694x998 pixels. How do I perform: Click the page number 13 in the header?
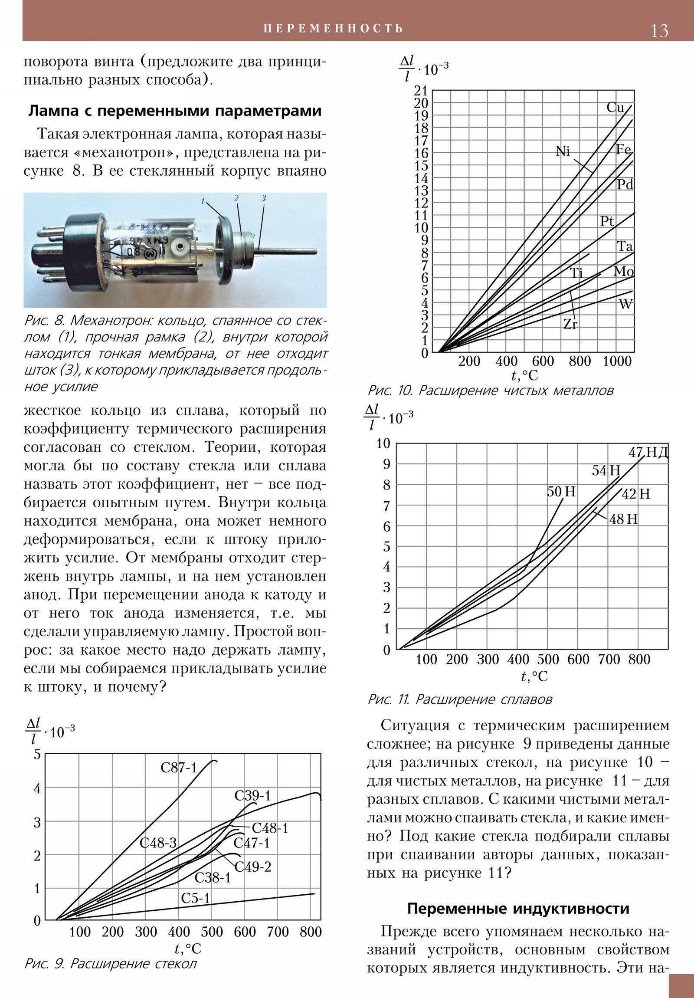pos(659,31)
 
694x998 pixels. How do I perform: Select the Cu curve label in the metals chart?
pos(615,107)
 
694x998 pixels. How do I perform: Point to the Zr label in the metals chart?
pos(570,324)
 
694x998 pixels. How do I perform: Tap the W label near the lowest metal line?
pos(625,304)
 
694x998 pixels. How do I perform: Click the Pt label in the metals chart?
pos(607,221)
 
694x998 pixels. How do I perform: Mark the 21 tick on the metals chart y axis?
pos(421,90)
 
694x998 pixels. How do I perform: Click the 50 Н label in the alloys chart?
pos(561,492)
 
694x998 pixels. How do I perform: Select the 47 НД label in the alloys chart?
pos(648,453)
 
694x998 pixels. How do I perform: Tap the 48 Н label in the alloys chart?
pos(623,519)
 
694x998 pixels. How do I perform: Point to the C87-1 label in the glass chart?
pos(179,768)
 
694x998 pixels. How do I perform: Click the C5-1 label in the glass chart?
pos(195,898)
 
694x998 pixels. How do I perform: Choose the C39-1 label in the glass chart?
pos(252,795)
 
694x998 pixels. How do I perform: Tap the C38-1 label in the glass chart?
pos(213,878)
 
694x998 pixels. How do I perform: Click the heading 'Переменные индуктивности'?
pos(518,909)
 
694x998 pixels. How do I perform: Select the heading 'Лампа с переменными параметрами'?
pos(175,111)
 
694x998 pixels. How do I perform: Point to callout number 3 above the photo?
pos(263,198)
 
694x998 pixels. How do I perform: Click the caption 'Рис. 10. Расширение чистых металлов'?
pos(490,391)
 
